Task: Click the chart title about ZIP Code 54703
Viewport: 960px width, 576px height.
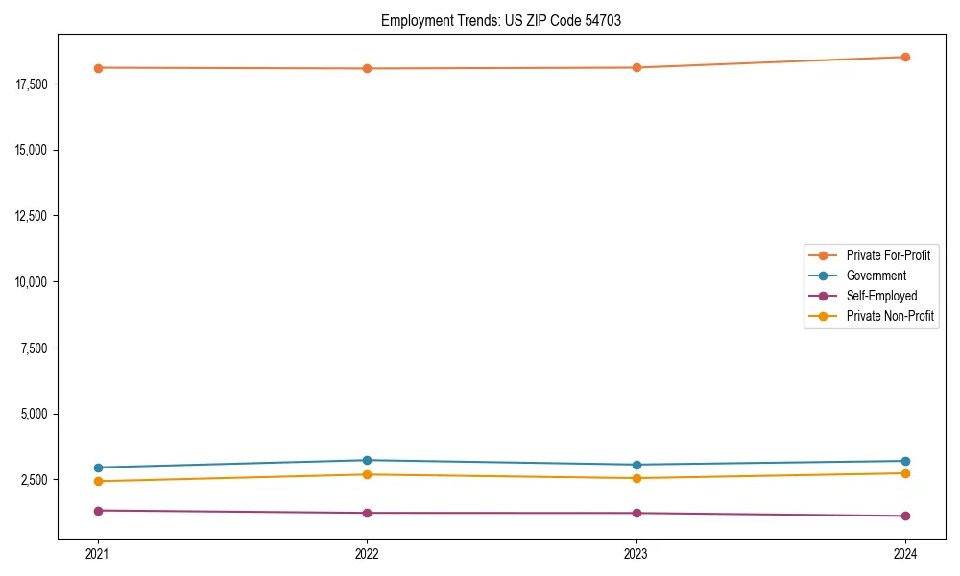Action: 501,20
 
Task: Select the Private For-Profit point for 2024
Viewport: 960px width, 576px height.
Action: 905,57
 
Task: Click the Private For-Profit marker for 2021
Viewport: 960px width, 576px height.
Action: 98,67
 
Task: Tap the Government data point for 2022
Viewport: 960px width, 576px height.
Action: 367,460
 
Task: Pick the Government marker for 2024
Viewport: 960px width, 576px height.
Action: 905,461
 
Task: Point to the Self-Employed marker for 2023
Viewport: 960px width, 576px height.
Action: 636,513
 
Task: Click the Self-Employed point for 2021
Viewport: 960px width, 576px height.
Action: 98,511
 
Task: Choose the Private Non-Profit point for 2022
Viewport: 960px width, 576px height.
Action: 367,474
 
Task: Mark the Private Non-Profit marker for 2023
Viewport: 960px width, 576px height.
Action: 636,478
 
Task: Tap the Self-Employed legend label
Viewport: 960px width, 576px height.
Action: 881,296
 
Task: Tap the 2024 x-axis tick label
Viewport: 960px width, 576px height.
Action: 905,553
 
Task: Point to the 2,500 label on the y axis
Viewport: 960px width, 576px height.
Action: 36,480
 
